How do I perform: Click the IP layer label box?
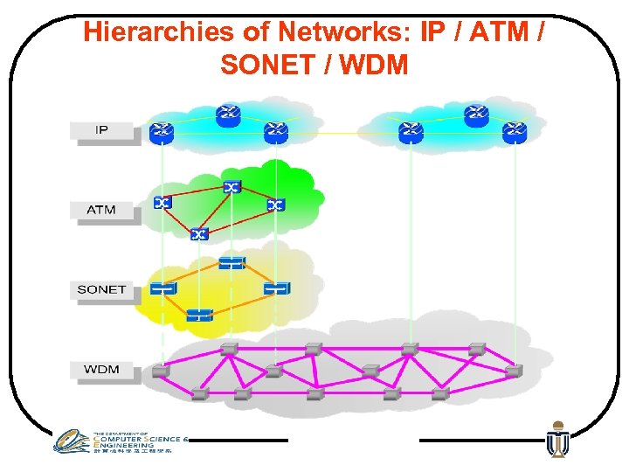click(x=102, y=130)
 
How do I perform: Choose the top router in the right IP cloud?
click(x=475, y=114)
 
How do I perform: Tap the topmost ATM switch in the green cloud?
click(x=232, y=187)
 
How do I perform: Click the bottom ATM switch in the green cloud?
click(x=200, y=233)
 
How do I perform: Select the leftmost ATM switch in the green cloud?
click(x=162, y=203)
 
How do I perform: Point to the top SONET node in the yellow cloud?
click(x=232, y=262)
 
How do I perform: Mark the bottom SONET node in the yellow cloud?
click(x=199, y=314)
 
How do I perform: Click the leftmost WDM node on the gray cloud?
click(x=160, y=371)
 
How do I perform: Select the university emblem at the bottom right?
click(x=556, y=440)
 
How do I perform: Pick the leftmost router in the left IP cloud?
click(x=162, y=132)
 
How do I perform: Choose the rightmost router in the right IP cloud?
click(x=515, y=132)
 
